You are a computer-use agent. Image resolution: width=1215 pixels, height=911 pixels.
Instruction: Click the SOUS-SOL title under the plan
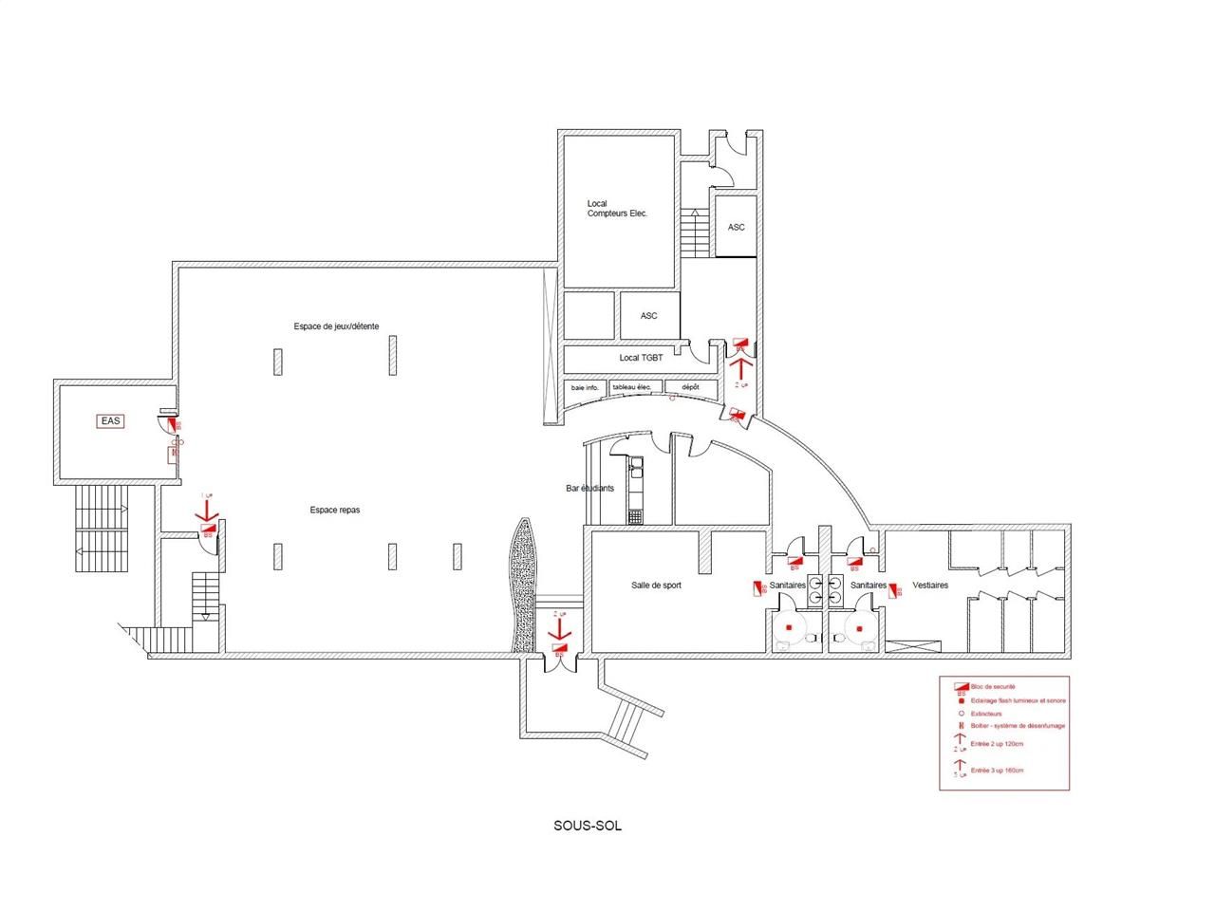tap(588, 825)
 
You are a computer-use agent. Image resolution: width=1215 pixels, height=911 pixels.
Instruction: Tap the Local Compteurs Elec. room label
tap(616, 209)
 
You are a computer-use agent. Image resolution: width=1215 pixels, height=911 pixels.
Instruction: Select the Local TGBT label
tap(641, 358)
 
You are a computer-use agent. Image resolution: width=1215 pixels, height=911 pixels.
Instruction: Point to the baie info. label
tap(584, 387)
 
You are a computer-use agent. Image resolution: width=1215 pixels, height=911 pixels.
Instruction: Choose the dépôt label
tap(690, 387)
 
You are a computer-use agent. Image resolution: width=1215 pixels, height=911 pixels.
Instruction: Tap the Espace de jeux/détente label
tap(336, 326)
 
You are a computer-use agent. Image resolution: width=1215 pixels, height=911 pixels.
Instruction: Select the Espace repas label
tap(334, 510)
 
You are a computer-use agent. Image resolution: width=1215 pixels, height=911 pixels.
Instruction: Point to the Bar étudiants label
tap(589, 489)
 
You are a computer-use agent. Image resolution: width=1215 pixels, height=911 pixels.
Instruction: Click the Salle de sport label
tap(656, 586)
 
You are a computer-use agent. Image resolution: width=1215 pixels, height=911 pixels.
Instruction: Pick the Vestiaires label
tap(930, 586)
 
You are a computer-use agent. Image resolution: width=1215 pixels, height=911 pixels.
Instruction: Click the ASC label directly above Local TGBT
tap(648, 316)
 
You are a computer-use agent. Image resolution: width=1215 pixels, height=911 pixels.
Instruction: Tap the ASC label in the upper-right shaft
tap(736, 227)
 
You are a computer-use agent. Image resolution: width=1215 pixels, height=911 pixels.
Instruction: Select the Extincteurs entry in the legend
tap(987, 713)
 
